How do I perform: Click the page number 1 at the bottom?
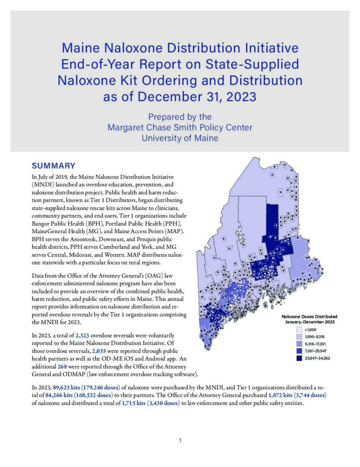tap(180, 441)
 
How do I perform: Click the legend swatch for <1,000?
tap(299, 329)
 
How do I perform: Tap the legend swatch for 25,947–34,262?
tap(299, 359)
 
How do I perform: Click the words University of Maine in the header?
tap(180, 137)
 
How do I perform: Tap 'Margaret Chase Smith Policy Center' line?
tap(180, 127)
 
